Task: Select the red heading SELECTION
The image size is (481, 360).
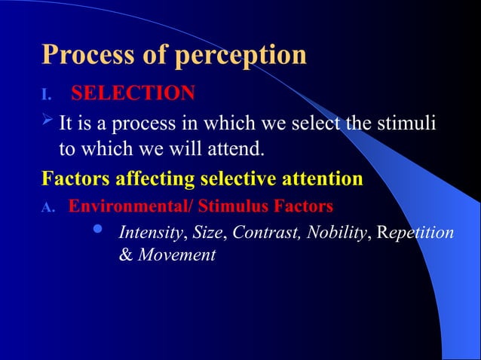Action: point(133,93)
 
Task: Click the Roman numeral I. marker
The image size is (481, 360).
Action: point(46,95)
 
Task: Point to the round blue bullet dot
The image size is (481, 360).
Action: point(96,229)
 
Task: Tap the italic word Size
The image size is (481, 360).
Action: point(208,233)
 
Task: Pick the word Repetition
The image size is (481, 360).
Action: point(416,233)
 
